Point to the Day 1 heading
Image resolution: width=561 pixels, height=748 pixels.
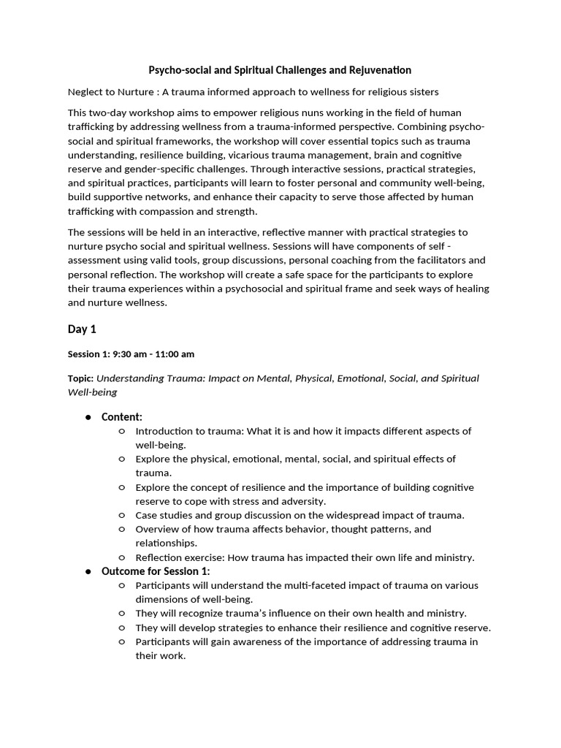pyautogui.click(x=82, y=329)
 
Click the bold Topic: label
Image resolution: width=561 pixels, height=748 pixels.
pyautogui.click(x=80, y=378)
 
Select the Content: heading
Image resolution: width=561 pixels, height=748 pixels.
pyautogui.click(x=122, y=416)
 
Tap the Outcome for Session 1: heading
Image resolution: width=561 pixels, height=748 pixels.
pyautogui.click(x=156, y=571)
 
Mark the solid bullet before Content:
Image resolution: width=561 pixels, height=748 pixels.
pyautogui.click(x=88, y=417)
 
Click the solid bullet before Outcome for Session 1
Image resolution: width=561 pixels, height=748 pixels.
pyautogui.click(x=88, y=571)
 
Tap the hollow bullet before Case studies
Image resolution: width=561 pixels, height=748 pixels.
pyautogui.click(x=121, y=515)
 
